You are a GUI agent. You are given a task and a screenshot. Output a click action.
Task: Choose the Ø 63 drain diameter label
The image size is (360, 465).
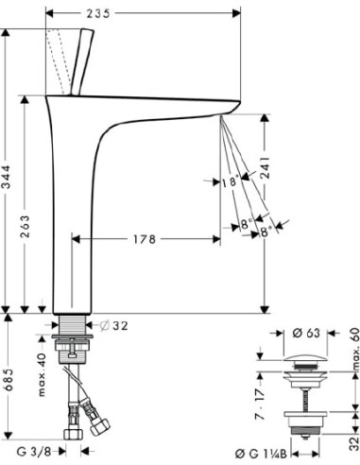[x=303, y=334]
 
